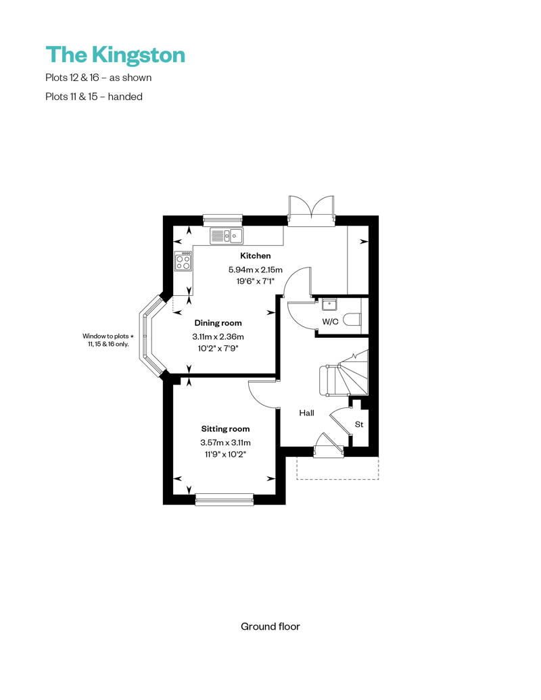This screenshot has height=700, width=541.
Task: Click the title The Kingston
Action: pos(115,55)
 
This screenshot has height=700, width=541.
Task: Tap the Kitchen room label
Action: pos(256,256)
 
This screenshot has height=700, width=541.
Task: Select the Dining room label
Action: pos(218,323)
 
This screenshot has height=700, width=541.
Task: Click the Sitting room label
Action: pos(225,429)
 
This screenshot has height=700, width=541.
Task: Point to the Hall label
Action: pos(306,413)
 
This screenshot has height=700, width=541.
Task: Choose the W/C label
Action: pos(330,322)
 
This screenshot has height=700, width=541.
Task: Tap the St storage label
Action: pos(358,424)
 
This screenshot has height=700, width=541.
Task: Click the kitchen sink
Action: pos(227,236)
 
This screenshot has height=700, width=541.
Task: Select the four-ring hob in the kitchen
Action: pos(183,261)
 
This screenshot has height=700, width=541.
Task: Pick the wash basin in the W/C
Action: pos(330,304)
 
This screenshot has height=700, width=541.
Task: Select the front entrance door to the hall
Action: pos(329,445)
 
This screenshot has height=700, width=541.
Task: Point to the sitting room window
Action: pos(225,499)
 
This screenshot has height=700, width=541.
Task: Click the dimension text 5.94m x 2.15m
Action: pos(256,270)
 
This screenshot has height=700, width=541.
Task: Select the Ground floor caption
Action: pos(270,626)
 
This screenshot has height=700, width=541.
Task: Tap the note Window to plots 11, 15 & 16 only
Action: pos(108,340)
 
